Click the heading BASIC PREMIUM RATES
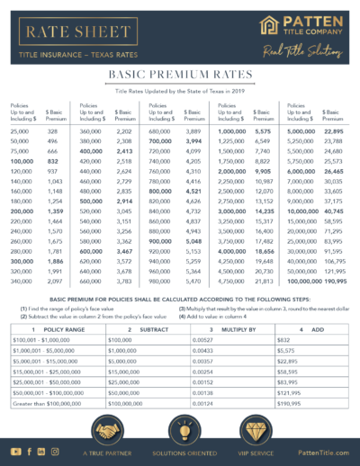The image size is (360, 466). [x=180, y=77]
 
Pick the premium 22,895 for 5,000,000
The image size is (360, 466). [x=333, y=131]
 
